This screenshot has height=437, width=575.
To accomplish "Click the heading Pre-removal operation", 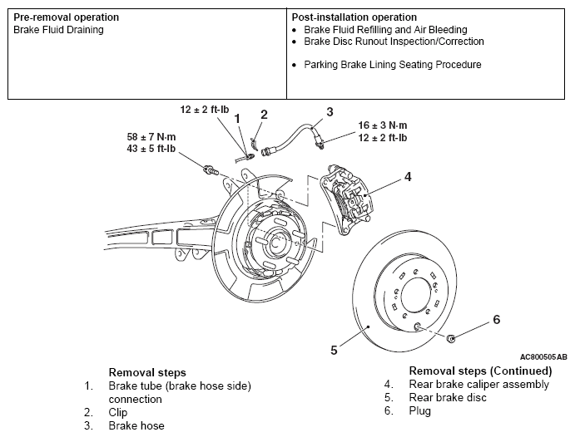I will click(66, 17).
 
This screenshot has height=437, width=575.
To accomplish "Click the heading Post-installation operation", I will click(354, 17).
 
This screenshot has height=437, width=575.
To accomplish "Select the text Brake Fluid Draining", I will click(57, 30).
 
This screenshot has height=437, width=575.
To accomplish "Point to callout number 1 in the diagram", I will click(236, 120).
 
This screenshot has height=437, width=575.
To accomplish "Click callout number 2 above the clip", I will click(264, 115).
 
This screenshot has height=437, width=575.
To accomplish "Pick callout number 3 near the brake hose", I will click(330, 111).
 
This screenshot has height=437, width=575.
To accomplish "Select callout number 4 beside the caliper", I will click(408, 177).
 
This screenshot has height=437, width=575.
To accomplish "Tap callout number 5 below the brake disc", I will click(334, 350).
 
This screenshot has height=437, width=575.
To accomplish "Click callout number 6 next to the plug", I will click(496, 320).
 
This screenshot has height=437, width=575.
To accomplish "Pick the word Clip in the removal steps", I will click(117, 412).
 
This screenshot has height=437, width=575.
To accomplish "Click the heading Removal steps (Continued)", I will click(480, 371).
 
